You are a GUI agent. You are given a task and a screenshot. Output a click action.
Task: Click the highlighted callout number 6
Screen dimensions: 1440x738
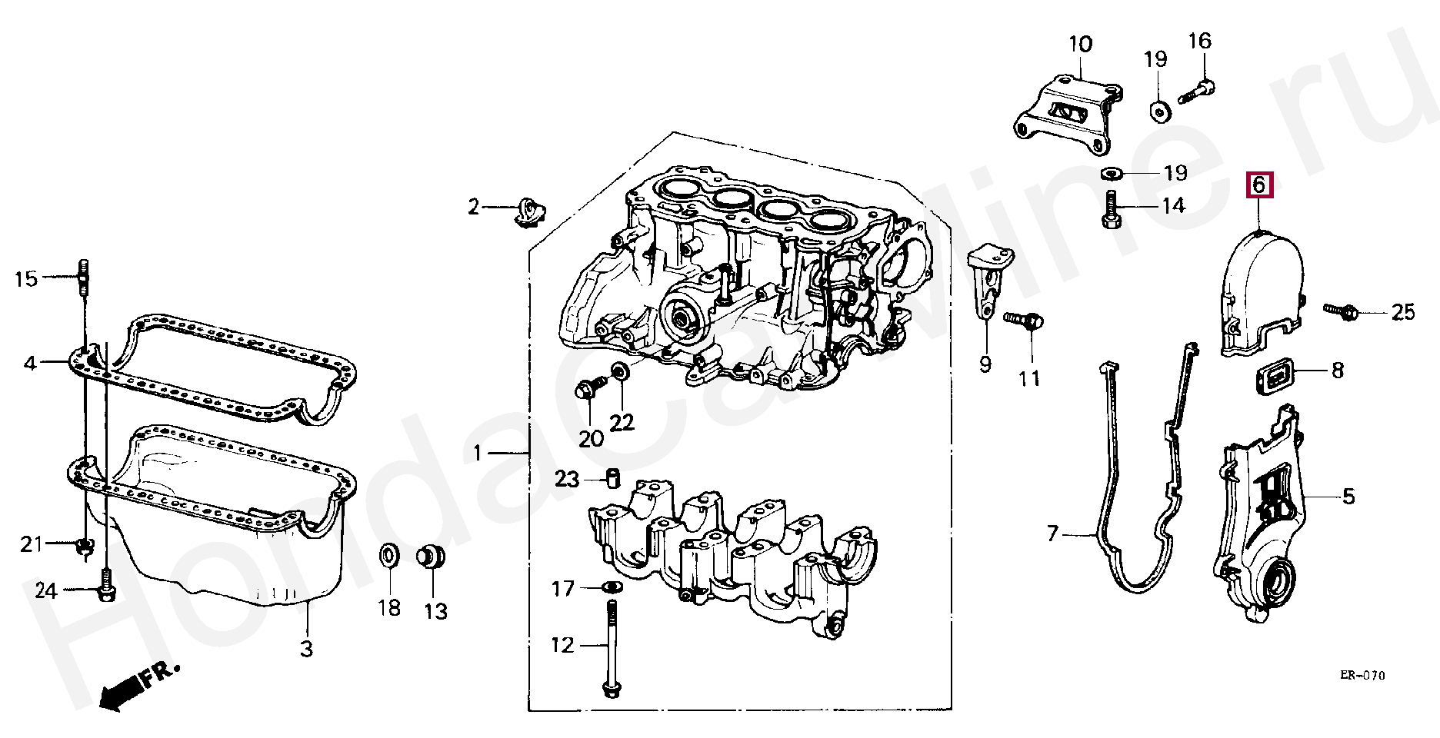point(1258,184)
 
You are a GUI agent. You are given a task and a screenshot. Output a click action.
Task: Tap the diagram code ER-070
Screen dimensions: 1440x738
point(1362,676)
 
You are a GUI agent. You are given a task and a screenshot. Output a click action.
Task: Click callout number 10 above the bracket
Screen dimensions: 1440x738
point(1080,44)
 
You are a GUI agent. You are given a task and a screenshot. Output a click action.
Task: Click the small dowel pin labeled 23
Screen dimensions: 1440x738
point(612,477)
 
